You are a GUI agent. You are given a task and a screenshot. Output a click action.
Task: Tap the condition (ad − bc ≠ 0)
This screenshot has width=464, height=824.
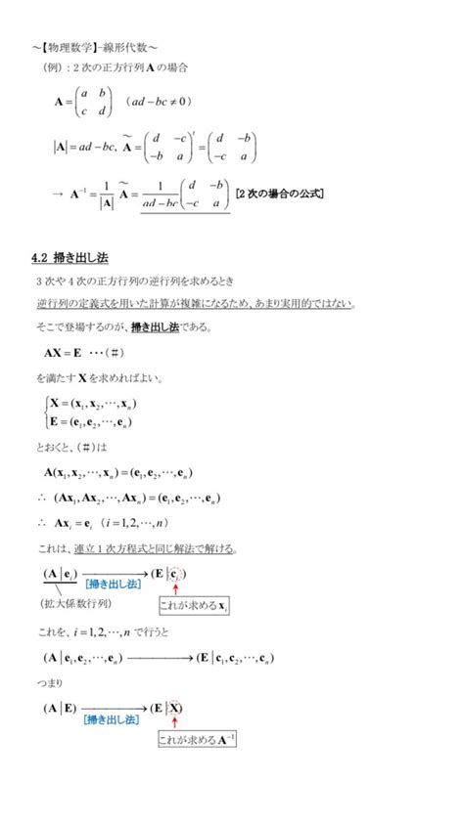pyautogui.click(x=159, y=102)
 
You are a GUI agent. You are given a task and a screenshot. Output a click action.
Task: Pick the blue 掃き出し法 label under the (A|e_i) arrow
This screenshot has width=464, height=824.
pyautogui.click(x=114, y=583)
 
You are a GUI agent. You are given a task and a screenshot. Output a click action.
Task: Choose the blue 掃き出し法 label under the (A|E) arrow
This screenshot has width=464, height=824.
pyautogui.click(x=110, y=718)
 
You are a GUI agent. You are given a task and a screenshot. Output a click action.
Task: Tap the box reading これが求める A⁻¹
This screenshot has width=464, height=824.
pyautogui.click(x=197, y=739)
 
